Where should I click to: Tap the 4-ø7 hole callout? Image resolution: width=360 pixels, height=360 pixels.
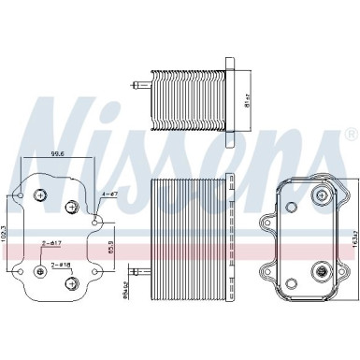[108, 194]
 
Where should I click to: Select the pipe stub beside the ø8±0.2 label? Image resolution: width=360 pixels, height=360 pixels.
[142, 271]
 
